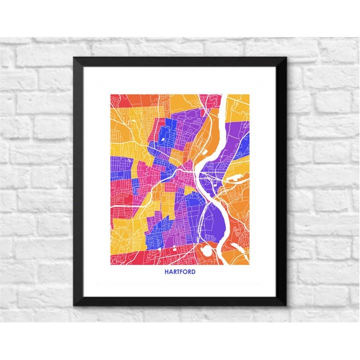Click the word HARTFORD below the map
pyautogui.click(x=180, y=272)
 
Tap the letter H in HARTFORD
pyautogui.click(x=166, y=272)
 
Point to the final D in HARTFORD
pyautogui.click(x=193, y=272)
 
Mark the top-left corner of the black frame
pyautogui.click(x=74, y=58)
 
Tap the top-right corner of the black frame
pyautogui.click(x=286, y=58)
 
